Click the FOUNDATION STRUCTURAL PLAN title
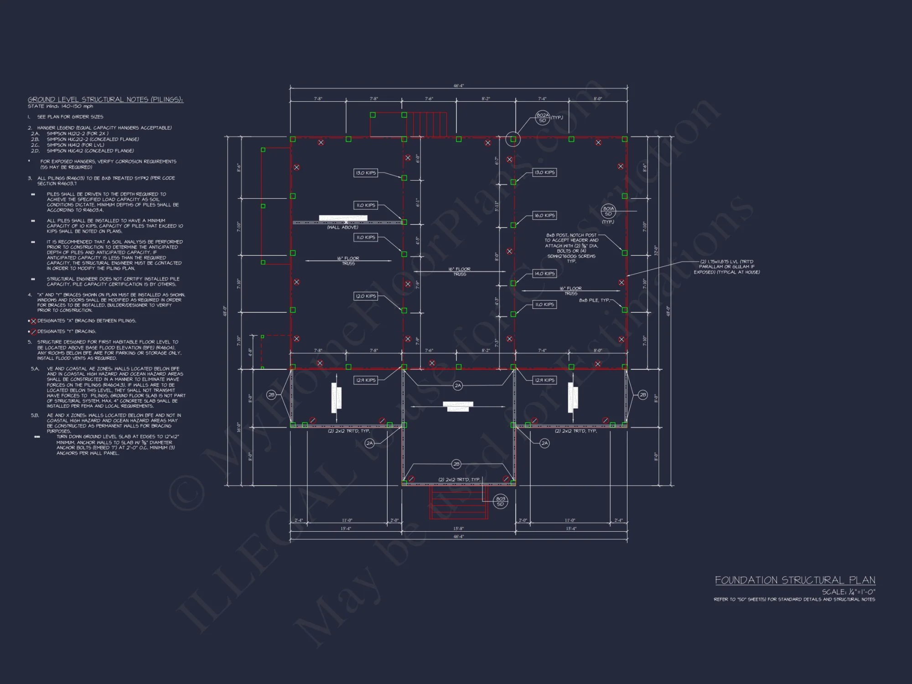[x=795, y=580]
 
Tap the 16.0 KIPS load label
[x=544, y=215]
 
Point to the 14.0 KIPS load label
[x=544, y=274]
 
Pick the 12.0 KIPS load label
[x=366, y=296]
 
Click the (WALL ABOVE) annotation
[x=342, y=227]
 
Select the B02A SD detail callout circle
[x=542, y=118]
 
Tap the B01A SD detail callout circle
[x=608, y=211]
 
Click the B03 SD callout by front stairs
[x=500, y=501]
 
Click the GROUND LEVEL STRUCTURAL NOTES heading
[x=105, y=99]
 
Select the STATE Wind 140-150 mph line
[x=60, y=106]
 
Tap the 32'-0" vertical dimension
[x=656, y=250]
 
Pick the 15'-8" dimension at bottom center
[x=458, y=529]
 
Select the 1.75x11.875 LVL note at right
[x=727, y=267]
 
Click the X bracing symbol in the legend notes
[x=33, y=321]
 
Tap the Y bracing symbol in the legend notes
[x=33, y=332]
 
